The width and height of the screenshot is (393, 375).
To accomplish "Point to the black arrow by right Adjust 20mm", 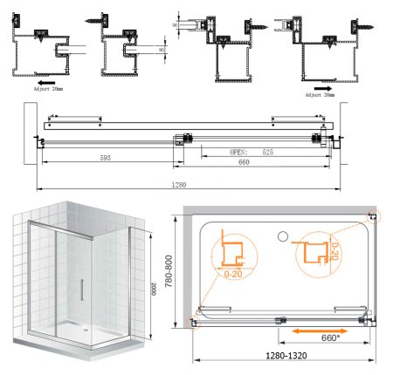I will [324, 87].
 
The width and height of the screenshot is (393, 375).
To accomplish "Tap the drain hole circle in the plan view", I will [281, 236].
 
